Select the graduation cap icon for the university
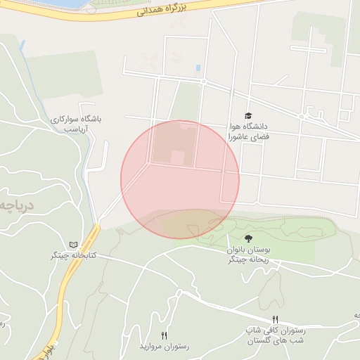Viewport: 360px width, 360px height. (247, 115)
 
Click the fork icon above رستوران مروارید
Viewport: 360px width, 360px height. (165, 335)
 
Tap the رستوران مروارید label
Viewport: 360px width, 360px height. (162, 347)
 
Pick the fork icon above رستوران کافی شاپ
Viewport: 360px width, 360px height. (275, 320)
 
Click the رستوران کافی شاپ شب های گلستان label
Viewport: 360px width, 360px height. (275, 335)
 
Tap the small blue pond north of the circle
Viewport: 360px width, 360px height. (198, 68)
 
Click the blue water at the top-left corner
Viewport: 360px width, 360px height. (42, 4)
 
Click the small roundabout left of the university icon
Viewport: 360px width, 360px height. (202, 82)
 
